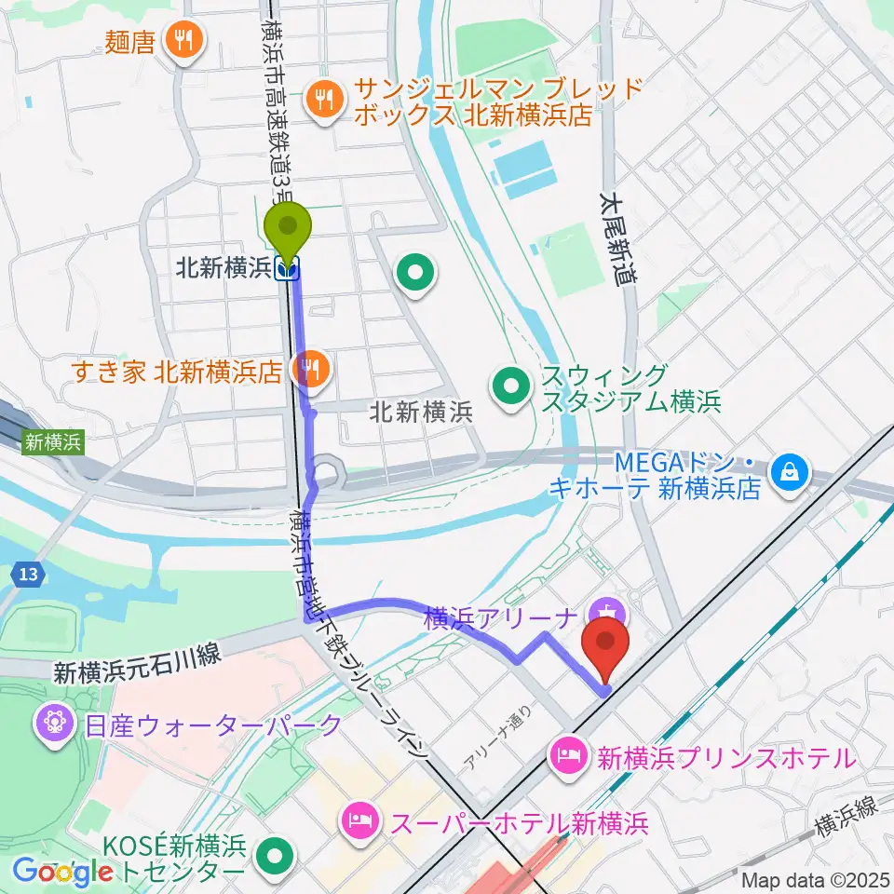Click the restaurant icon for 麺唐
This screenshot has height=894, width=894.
(x=183, y=41)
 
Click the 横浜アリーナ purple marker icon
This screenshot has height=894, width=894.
(x=606, y=615)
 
